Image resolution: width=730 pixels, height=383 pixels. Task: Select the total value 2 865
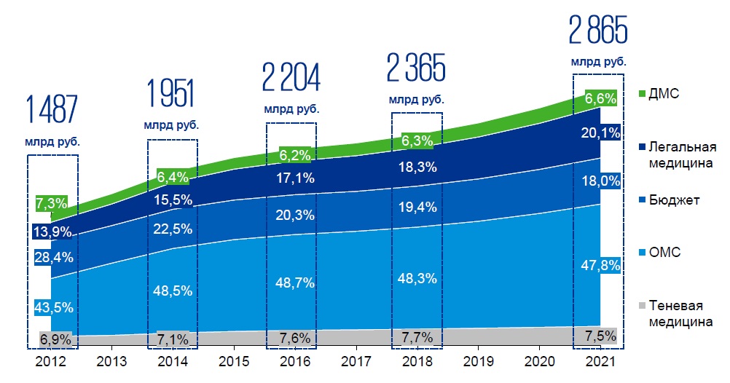click(597, 31)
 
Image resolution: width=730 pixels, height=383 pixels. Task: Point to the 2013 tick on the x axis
click(109, 361)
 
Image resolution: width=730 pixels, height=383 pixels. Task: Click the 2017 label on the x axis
click(355, 361)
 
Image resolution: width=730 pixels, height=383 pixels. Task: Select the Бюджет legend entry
click(674, 200)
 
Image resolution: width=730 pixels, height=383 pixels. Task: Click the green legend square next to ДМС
click(642, 95)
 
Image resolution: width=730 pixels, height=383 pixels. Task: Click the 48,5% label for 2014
click(174, 290)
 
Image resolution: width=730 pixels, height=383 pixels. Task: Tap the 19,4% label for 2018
click(418, 208)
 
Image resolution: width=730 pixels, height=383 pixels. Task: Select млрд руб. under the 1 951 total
click(172, 125)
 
